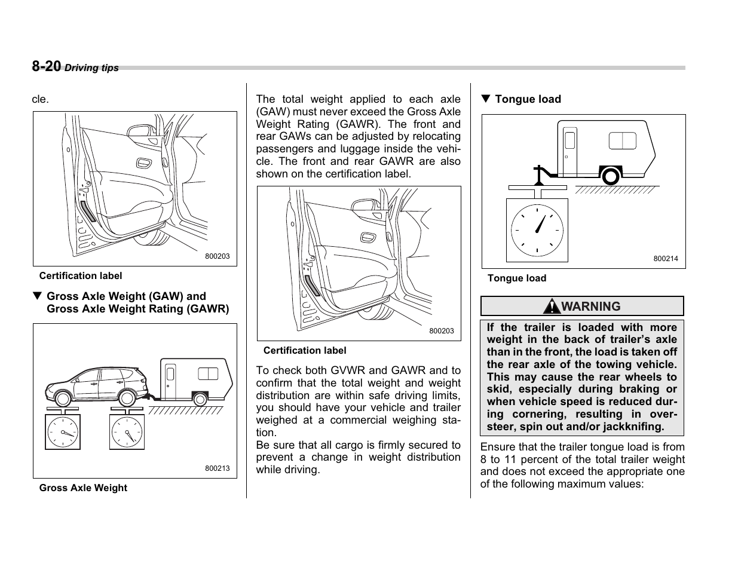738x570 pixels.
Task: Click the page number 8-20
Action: [x=46, y=66]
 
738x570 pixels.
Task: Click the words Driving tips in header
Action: [x=91, y=68]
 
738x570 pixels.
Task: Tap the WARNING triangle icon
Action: [x=552, y=307]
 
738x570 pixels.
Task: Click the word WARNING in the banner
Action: [x=590, y=307]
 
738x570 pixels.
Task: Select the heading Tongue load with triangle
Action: [x=521, y=99]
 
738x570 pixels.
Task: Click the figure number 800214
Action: [x=665, y=259]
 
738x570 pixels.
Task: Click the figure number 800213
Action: [x=217, y=468]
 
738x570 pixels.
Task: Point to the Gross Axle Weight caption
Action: [x=83, y=488]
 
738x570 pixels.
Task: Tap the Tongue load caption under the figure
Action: [x=516, y=278]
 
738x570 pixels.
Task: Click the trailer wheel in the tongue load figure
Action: [x=610, y=176]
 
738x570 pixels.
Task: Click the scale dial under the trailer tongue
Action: [x=537, y=230]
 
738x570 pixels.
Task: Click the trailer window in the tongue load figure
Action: [x=622, y=140]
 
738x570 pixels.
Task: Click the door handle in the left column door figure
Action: [x=143, y=163]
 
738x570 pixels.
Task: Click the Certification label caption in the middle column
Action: [x=304, y=350]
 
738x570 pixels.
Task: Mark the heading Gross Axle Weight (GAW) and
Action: [x=126, y=296]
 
